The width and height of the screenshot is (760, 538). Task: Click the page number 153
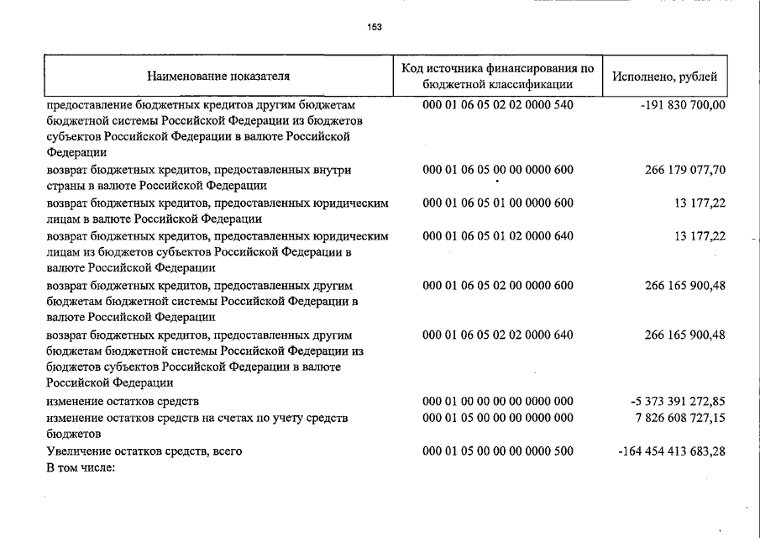coord(375,27)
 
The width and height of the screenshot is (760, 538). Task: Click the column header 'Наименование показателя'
coord(218,76)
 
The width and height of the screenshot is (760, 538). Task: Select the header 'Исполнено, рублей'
coord(664,76)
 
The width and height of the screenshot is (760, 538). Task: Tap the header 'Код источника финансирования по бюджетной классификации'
coord(498,76)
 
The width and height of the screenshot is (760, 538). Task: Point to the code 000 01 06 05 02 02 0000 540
coord(498,105)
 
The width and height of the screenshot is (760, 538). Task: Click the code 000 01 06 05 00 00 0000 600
coord(498,170)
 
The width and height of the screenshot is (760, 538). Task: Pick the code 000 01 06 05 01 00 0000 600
coord(498,203)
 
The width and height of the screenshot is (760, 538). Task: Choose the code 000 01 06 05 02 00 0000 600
coord(498,285)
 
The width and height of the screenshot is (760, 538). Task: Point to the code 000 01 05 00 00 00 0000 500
coord(498,451)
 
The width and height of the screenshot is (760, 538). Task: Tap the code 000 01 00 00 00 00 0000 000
coord(498,401)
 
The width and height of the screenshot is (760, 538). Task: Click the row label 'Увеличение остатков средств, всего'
coord(144,451)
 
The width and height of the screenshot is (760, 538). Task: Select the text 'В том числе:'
coord(80,467)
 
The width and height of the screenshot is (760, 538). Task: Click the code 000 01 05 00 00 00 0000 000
coord(498,417)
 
